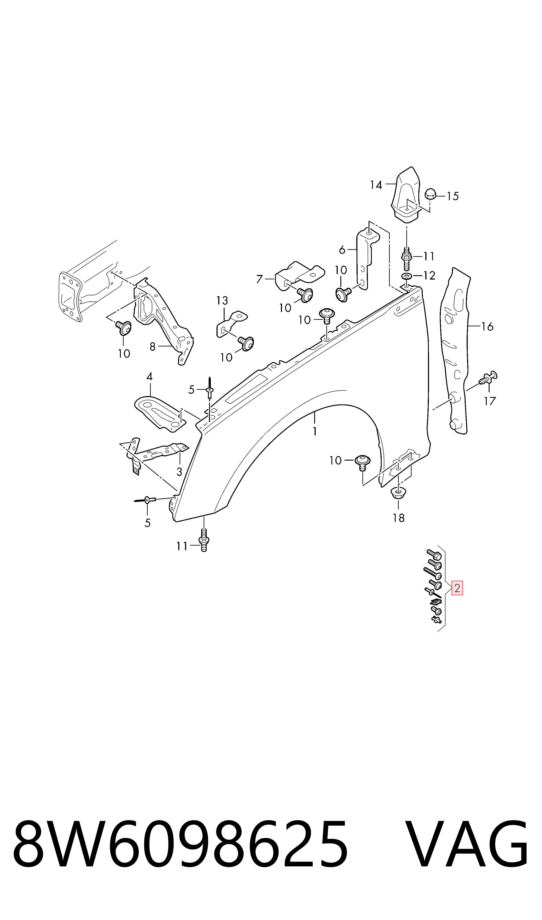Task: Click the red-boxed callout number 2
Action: pyautogui.click(x=457, y=588)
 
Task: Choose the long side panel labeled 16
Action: pyautogui.click(x=455, y=351)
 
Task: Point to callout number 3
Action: pyautogui.click(x=179, y=472)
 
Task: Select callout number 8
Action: pyautogui.click(x=153, y=346)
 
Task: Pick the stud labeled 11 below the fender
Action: pyautogui.click(x=204, y=540)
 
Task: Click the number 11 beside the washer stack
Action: pyautogui.click(x=429, y=256)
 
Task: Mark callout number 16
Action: pyautogui.click(x=487, y=326)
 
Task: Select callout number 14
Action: pyautogui.click(x=376, y=185)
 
